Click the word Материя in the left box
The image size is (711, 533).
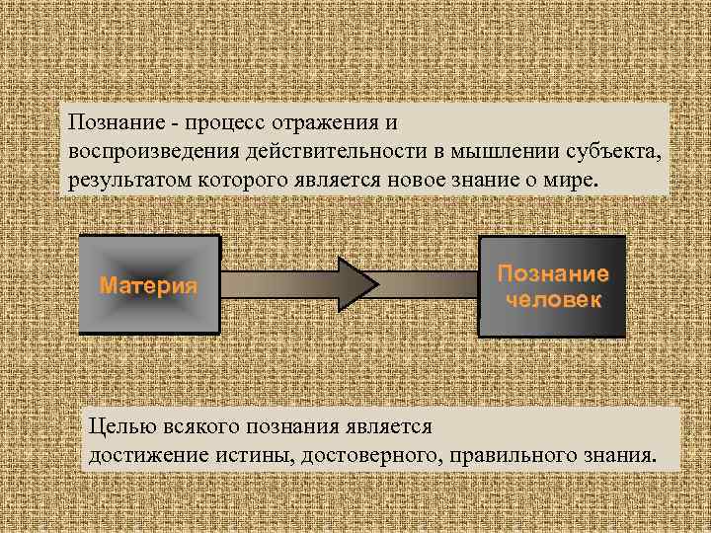point(149,286)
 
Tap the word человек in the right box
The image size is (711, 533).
point(553,298)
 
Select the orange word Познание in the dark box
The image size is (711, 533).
point(553,274)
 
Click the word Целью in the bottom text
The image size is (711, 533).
point(117,427)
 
